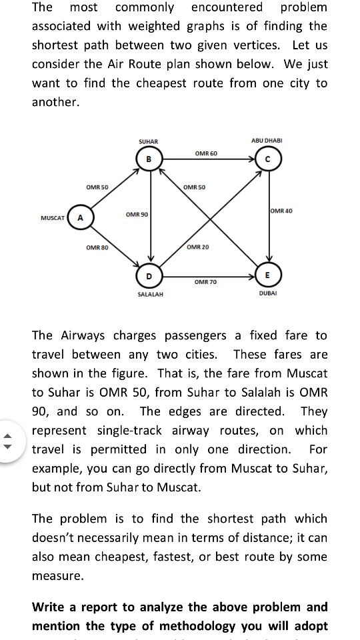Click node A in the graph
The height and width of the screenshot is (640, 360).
(79, 217)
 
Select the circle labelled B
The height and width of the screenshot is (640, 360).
(149, 159)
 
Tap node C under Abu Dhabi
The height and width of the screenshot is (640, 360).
(267, 159)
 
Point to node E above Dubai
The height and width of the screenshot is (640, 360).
(267, 275)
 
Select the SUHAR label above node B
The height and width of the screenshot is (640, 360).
(148, 142)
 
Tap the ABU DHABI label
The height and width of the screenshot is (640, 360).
(267, 141)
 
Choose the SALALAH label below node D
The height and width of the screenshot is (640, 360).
(150, 293)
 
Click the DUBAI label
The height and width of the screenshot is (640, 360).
(267, 293)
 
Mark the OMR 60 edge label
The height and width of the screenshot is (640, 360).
(206, 154)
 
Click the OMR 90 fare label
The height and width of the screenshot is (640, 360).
(137, 214)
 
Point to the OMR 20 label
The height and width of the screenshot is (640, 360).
(198, 247)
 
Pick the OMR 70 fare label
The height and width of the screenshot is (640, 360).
(206, 283)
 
